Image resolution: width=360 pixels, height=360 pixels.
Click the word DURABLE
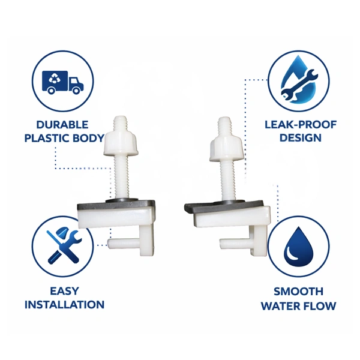click(x=62, y=125)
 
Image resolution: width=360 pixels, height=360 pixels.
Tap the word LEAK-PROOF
click(x=301, y=125)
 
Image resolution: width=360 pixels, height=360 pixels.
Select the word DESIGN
click(x=301, y=137)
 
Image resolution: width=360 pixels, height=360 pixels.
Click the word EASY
click(x=64, y=292)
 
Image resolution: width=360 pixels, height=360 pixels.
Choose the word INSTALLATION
click(x=64, y=305)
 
